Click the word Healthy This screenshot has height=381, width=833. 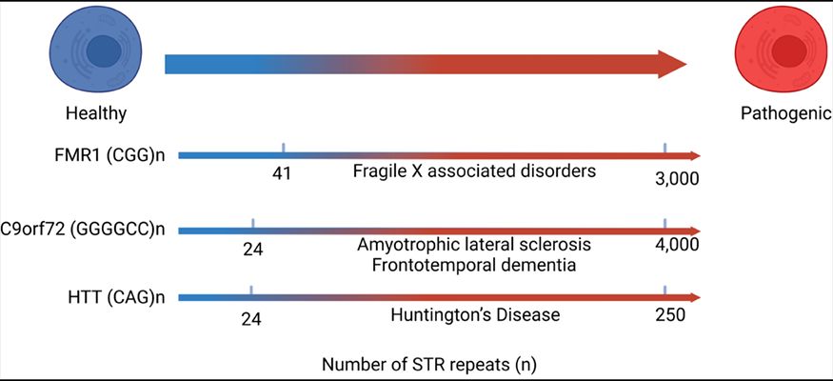tap(96, 113)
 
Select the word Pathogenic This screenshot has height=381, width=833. tap(781, 113)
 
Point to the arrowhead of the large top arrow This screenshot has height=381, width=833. tap(671, 65)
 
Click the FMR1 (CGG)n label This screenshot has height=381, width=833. tap(111, 154)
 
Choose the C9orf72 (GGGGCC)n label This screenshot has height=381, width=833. tap(83, 229)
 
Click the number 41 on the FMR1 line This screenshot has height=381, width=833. tap(281, 174)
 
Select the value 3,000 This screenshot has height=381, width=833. tap(678, 177)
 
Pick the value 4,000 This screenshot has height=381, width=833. tap(677, 245)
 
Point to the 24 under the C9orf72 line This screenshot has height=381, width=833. tap(252, 250)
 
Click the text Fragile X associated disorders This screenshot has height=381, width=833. tap(474, 172)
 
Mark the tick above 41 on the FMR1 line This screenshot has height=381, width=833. tap(284, 148)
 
